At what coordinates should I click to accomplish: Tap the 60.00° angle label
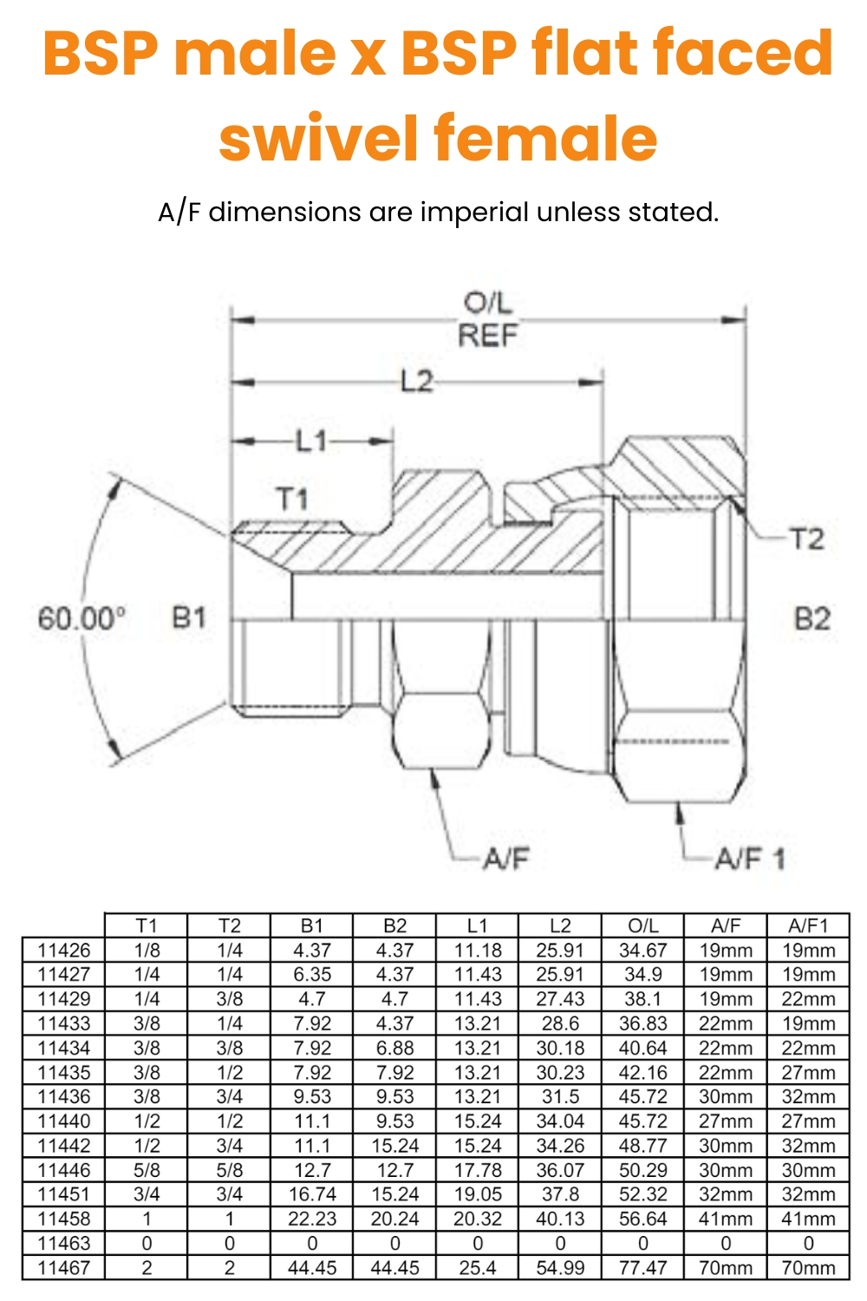coord(81,618)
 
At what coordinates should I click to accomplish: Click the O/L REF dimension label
coord(487,319)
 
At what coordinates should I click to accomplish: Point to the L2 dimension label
coord(416,381)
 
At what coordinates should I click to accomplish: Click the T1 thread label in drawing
coord(292,499)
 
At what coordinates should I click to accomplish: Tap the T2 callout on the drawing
coord(805,539)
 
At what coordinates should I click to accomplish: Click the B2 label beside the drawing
coord(812,618)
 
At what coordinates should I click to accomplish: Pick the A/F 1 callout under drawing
coord(749,859)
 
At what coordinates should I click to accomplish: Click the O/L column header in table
coord(642,925)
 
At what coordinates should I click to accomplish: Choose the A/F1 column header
coord(808,925)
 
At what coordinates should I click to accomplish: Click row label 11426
coord(63,950)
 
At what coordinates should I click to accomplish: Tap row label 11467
coord(63,1267)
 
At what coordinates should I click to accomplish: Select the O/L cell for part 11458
coord(642,1219)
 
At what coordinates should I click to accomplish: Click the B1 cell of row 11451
coord(312,1194)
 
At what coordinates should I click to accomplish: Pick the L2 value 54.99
coord(560,1267)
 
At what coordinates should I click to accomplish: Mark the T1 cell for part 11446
coord(147,1170)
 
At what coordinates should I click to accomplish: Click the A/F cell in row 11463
coord(726,1243)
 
